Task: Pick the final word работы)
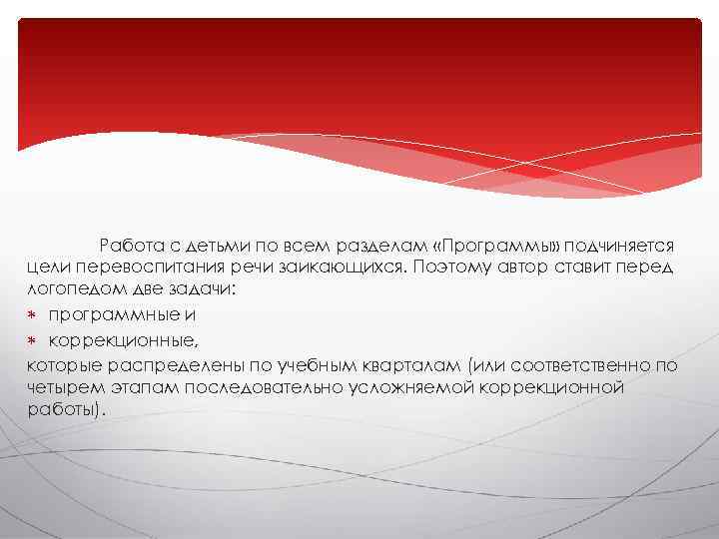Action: click(66, 409)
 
